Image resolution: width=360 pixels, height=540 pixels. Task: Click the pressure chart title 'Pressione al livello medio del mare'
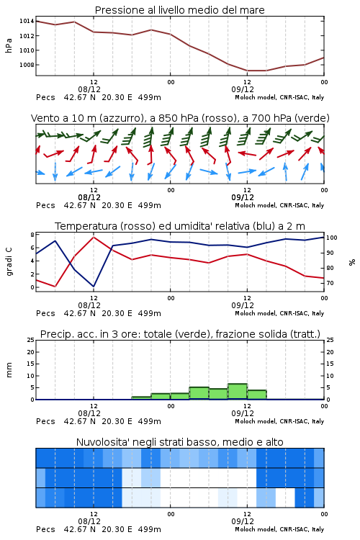click(179, 10)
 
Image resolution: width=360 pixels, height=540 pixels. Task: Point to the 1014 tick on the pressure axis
click(27, 21)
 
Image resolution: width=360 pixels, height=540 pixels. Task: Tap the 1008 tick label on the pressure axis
click(27, 65)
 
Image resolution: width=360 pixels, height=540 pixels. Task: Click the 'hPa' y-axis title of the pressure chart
click(9, 46)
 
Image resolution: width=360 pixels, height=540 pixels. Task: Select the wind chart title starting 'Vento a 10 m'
click(180, 118)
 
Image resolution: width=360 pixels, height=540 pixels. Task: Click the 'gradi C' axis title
click(9, 261)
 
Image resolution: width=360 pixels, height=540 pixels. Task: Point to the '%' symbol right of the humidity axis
click(352, 262)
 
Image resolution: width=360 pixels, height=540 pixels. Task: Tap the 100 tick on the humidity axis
click(332, 238)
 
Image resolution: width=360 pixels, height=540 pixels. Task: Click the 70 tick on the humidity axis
click(330, 283)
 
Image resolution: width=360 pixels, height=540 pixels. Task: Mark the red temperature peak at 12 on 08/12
click(94, 237)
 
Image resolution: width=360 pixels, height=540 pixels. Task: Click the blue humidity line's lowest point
click(94, 286)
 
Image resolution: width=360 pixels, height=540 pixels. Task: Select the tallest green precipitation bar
click(238, 392)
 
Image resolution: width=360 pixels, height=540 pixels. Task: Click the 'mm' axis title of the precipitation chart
click(9, 370)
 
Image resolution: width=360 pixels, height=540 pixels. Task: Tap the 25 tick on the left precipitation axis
click(31, 340)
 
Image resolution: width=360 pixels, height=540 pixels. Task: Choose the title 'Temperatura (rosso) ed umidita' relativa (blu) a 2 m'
click(180, 226)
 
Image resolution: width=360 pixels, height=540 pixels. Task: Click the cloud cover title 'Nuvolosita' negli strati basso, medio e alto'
click(180, 442)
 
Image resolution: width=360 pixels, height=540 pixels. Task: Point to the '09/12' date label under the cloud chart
click(243, 521)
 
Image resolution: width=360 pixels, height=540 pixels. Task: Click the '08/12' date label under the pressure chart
click(89, 89)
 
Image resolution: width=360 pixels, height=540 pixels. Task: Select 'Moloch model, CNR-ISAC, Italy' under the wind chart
click(279, 205)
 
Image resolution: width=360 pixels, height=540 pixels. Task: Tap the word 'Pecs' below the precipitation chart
click(45, 421)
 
